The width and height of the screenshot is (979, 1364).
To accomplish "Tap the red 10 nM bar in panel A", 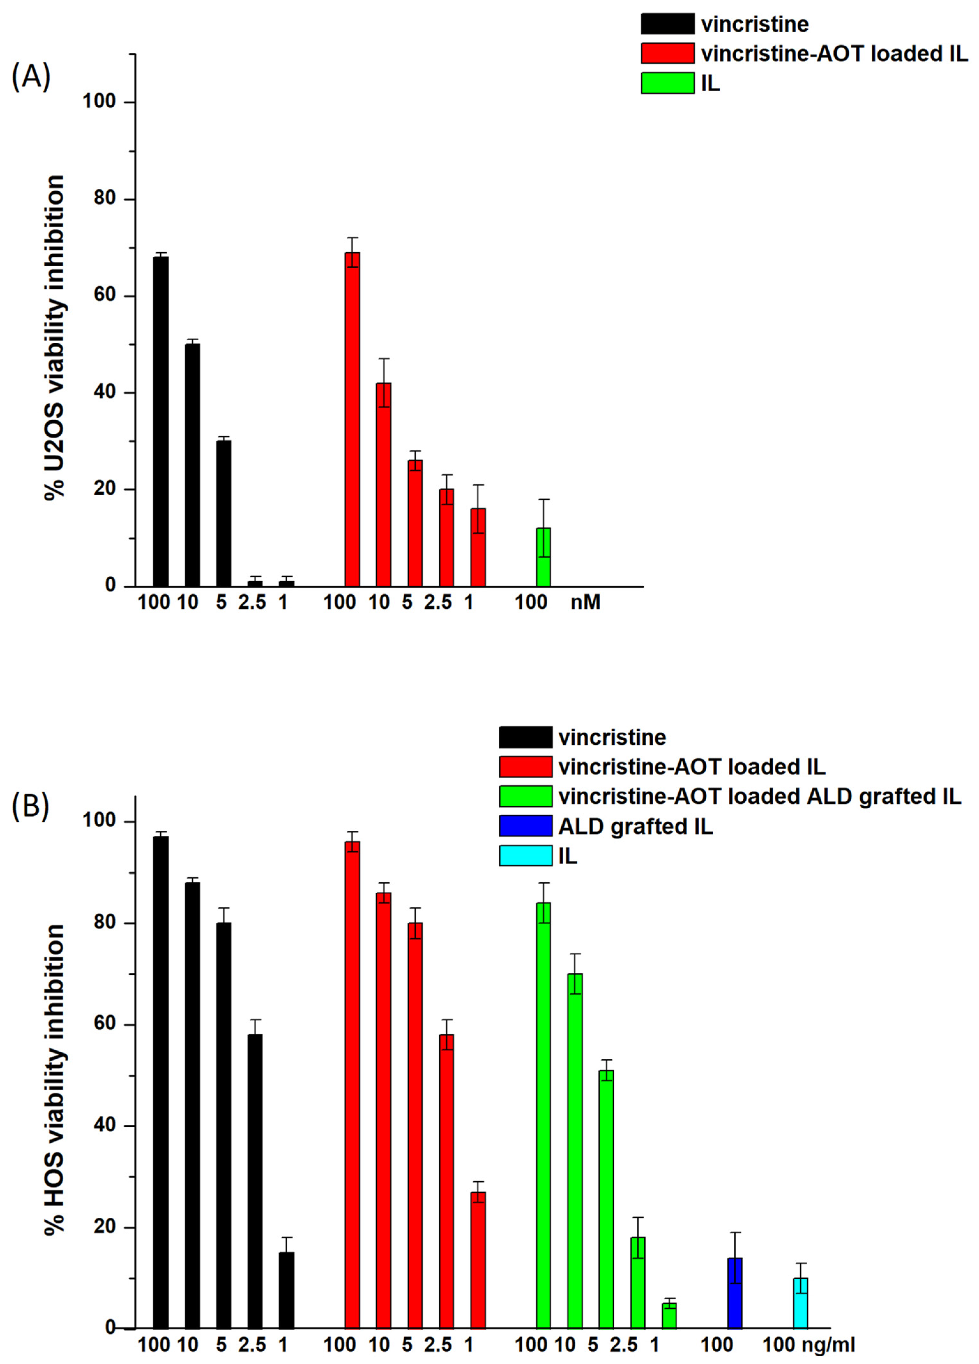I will (x=384, y=484).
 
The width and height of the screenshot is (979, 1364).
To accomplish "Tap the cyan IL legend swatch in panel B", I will (x=525, y=855).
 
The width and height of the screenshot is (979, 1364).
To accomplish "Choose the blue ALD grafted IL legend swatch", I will (x=525, y=826).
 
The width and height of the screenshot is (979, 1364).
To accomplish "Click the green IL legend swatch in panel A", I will (x=667, y=83).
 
